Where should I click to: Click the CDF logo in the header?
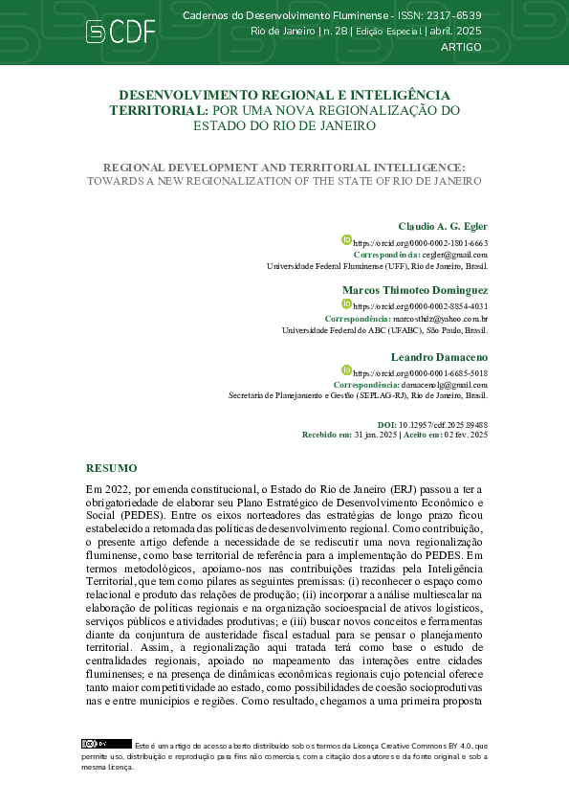click(120, 32)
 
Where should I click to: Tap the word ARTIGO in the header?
click(461, 46)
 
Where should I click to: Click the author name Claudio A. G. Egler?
click(443, 226)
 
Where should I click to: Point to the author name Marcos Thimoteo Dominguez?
click(415, 289)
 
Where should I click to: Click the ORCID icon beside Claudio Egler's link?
click(348, 241)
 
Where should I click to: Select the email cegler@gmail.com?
click(455, 256)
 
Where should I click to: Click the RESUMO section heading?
click(112, 468)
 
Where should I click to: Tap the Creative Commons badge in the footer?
click(94, 743)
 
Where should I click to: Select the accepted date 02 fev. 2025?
click(465, 434)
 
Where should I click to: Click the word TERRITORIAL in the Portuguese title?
click(157, 110)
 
